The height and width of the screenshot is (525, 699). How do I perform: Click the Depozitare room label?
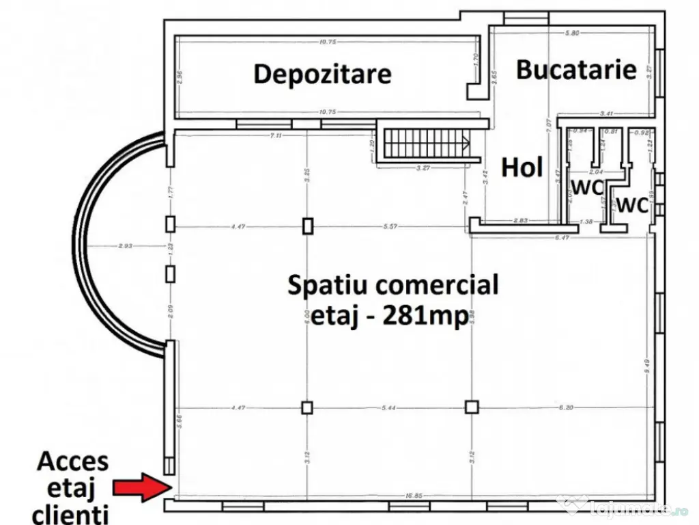click(x=322, y=74)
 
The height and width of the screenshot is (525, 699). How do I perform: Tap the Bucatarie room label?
click(x=576, y=69)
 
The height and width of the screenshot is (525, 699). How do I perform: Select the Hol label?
click(x=522, y=167)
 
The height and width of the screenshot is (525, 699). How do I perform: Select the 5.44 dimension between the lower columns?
click(x=388, y=407)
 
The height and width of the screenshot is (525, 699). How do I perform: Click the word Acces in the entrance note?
click(x=72, y=462)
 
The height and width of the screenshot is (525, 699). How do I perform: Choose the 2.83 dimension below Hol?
click(x=522, y=219)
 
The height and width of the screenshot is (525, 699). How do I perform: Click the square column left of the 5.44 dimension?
click(x=307, y=407)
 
